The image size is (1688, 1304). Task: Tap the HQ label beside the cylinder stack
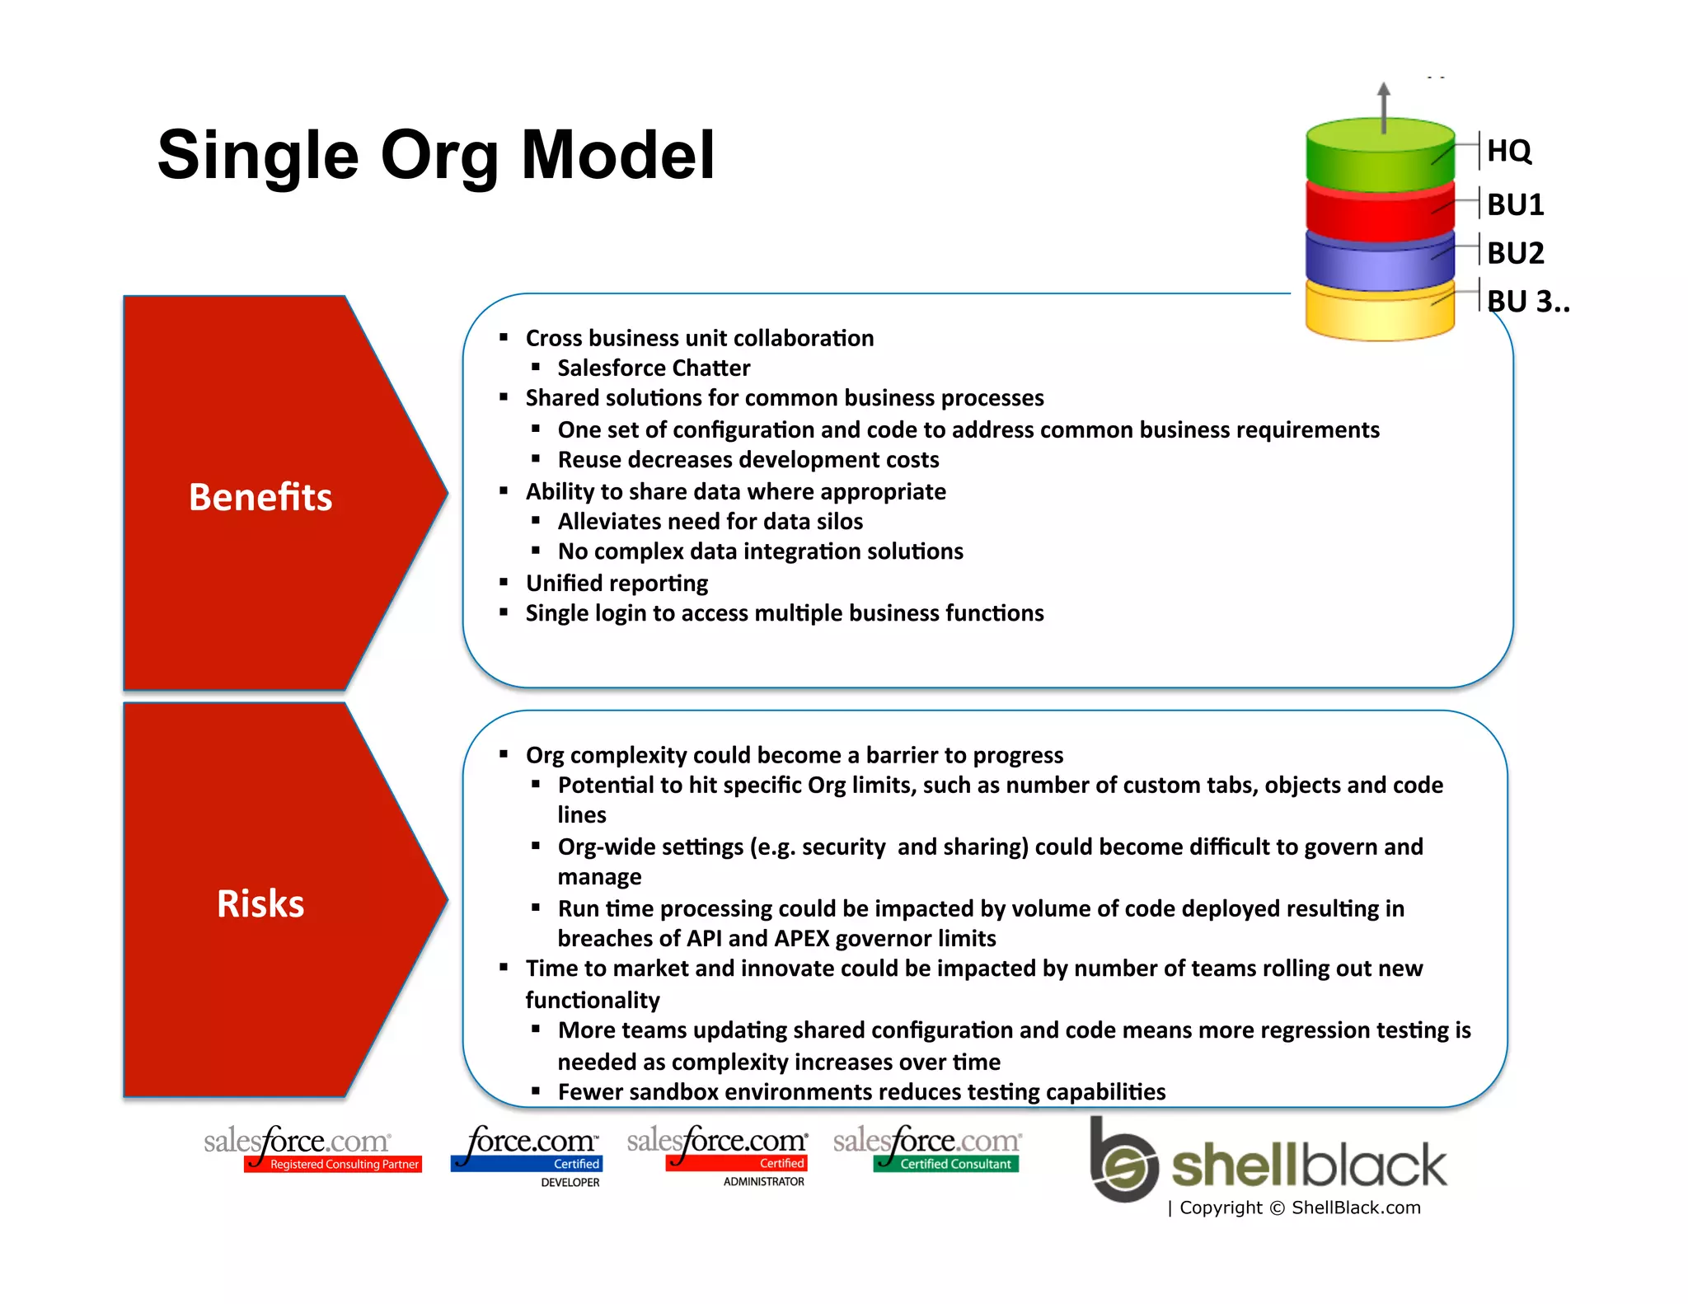click(1508, 151)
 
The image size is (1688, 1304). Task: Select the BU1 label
click(1515, 204)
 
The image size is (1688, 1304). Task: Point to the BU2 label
click(1515, 253)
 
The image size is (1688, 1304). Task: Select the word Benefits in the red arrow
click(260, 497)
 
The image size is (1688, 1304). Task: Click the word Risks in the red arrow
click(260, 903)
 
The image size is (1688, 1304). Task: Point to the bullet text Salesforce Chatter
click(654, 368)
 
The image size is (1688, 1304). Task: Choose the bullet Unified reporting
click(617, 583)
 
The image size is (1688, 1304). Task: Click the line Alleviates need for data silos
click(710, 521)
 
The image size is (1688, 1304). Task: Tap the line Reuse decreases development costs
click(748, 459)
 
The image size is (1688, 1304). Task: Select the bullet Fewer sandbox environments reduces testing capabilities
click(861, 1091)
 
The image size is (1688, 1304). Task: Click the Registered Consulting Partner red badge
click(334, 1164)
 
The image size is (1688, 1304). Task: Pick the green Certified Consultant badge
click(946, 1164)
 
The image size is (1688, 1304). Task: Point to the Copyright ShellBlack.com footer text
click(1294, 1208)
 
